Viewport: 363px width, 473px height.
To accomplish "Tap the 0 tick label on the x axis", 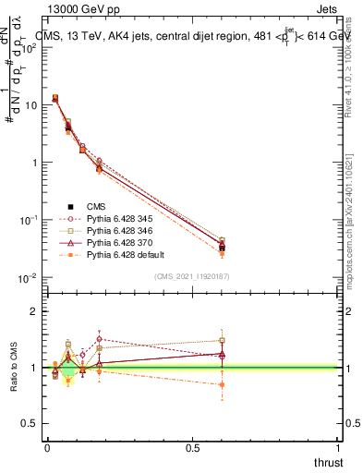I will [x=47, y=447].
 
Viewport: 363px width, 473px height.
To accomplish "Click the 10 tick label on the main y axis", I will [x=30, y=104].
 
